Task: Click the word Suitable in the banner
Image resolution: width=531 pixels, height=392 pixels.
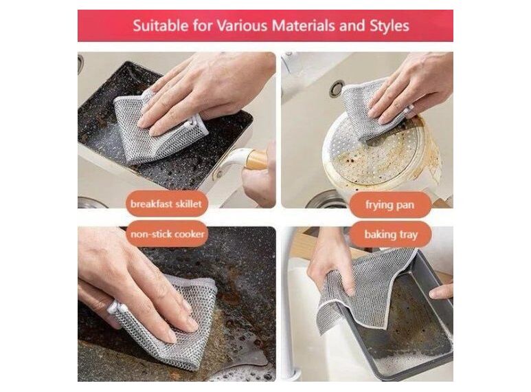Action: pyautogui.click(x=161, y=25)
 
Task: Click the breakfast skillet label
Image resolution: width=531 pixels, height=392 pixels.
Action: pyautogui.click(x=166, y=204)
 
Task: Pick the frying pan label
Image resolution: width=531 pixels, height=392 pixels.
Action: pyautogui.click(x=389, y=205)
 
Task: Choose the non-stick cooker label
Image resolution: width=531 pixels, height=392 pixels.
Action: pyautogui.click(x=168, y=234)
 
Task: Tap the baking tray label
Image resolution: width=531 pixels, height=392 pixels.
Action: pyautogui.click(x=391, y=235)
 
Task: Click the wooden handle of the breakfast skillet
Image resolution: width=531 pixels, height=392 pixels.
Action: pyautogui.click(x=257, y=160)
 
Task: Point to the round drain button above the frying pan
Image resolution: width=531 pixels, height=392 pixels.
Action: pyautogui.click(x=337, y=88)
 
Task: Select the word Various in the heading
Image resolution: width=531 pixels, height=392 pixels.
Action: pyautogui.click(x=242, y=25)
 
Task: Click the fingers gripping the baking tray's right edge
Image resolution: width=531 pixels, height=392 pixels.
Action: pyautogui.click(x=441, y=291)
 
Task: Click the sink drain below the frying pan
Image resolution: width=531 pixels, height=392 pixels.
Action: pyautogui.click(x=325, y=200)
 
